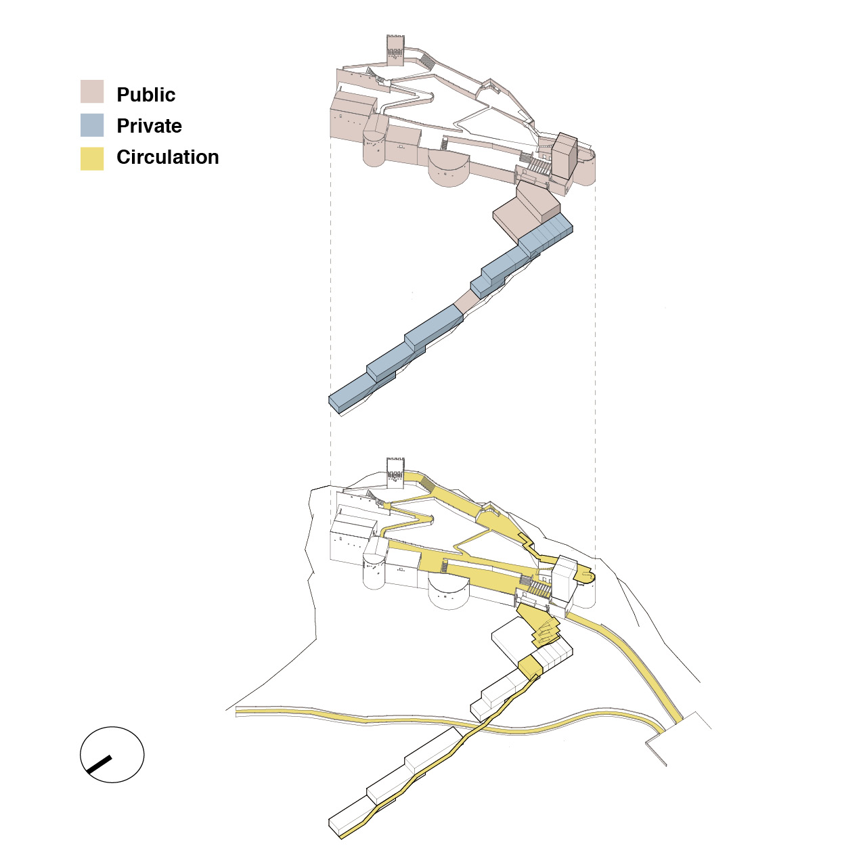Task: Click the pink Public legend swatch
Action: (x=92, y=91)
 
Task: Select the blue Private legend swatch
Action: (x=92, y=125)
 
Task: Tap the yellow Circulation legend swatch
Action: (x=92, y=158)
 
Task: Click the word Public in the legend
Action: (x=146, y=95)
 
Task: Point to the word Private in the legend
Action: (x=149, y=126)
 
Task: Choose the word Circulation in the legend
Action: (x=168, y=157)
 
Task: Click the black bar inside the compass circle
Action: (x=99, y=764)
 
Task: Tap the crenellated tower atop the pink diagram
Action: (x=395, y=49)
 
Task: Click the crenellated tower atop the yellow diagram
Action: (x=395, y=473)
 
